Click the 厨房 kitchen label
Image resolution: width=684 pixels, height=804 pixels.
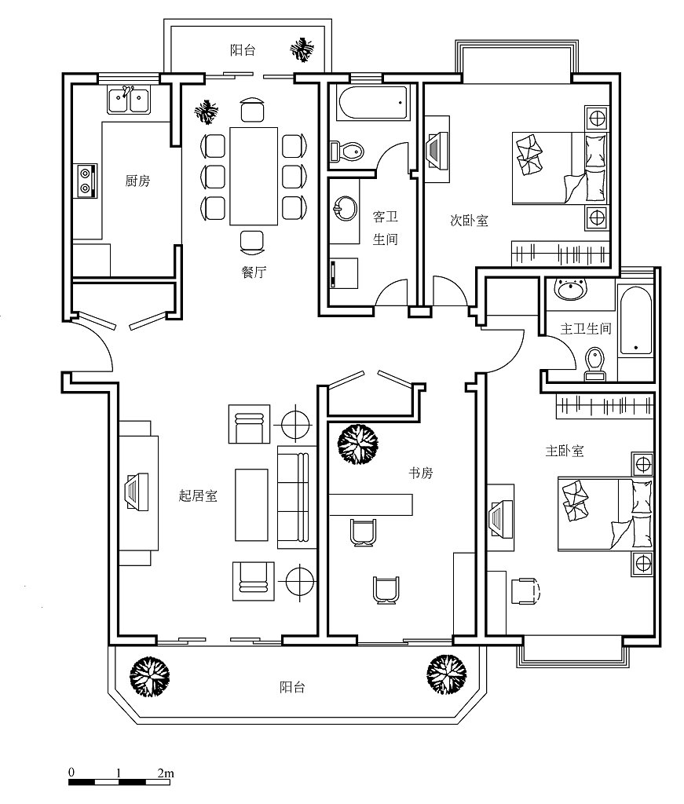(137, 181)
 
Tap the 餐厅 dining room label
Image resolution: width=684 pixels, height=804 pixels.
(254, 272)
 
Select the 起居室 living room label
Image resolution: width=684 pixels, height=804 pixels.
(198, 495)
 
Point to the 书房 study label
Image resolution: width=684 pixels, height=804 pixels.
(420, 473)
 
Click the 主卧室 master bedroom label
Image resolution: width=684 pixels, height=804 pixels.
(565, 451)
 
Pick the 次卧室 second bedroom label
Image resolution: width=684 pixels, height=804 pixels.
(469, 221)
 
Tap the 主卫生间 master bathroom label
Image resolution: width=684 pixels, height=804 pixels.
(586, 328)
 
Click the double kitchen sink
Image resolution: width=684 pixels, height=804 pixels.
(129, 100)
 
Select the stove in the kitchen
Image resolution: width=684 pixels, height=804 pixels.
(85, 181)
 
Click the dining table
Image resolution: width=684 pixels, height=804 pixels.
(254, 176)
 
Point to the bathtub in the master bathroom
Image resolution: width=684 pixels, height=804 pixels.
(636, 320)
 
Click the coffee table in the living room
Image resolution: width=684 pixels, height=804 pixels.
(251, 505)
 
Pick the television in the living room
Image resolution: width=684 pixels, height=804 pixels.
(137, 492)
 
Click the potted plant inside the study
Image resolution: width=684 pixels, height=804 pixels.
(358, 444)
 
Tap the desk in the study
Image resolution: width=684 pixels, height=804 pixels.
(371, 505)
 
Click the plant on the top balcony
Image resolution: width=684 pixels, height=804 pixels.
(302, 49)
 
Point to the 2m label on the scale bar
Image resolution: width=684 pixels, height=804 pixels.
(166, 773)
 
